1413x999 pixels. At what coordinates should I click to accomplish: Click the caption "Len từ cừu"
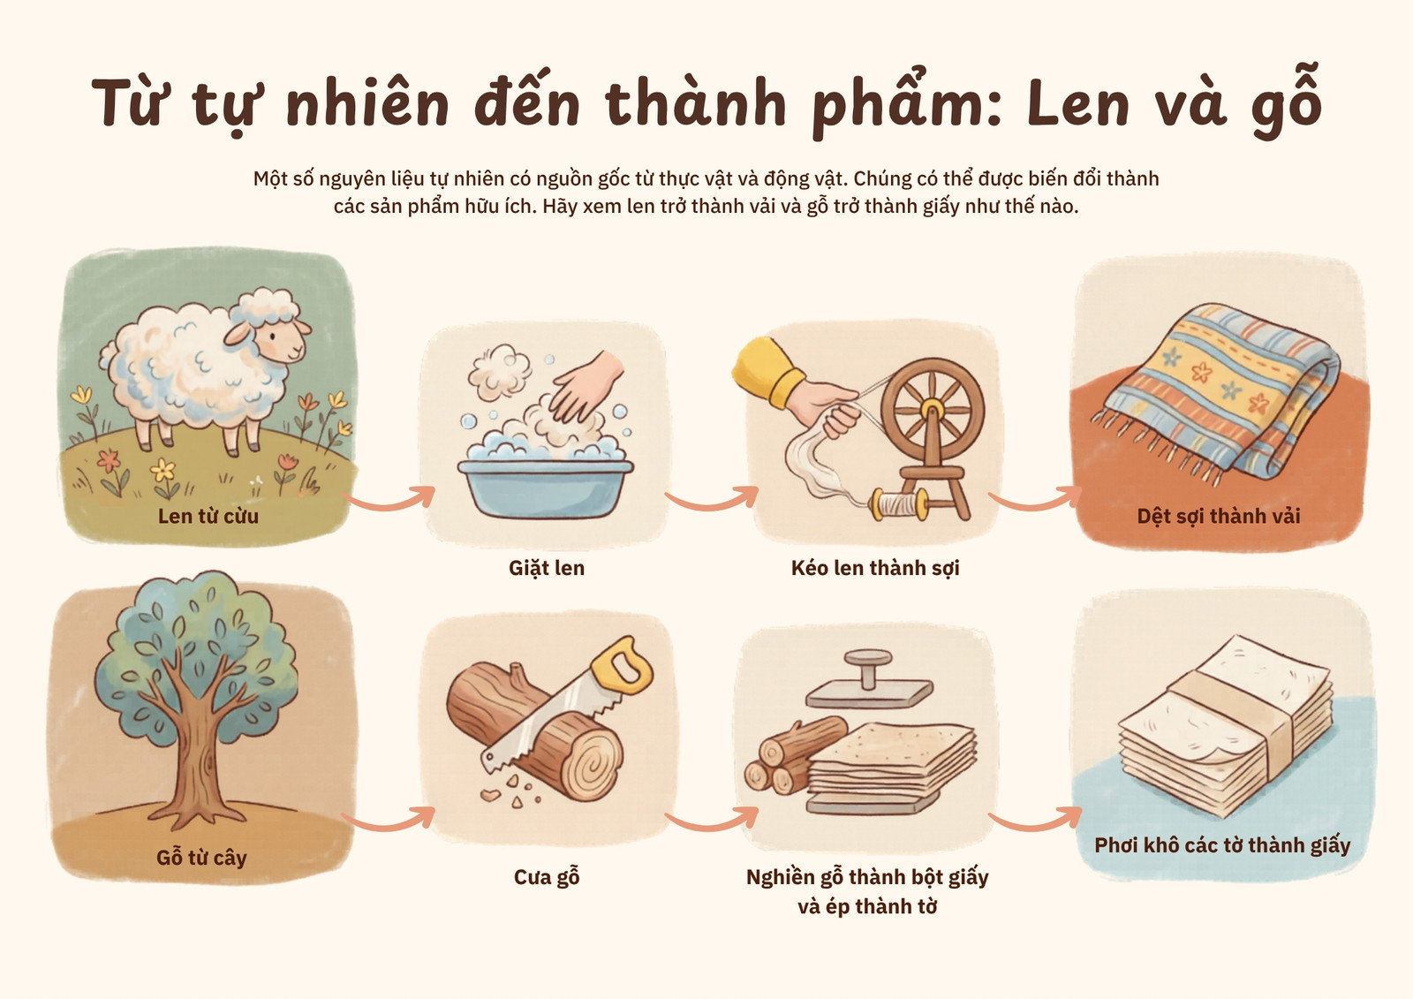pyautogui.click(x=208, y=516)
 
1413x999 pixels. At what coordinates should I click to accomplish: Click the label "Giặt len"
pyautogui.click(x=547, y=568)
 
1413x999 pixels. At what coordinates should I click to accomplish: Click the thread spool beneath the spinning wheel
pyautogui.click(x=900, y=504)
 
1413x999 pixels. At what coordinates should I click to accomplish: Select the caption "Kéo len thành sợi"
pyautogui.click(x=875, y=568)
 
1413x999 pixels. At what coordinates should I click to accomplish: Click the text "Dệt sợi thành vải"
pyautogui.click(x=1219, y=516)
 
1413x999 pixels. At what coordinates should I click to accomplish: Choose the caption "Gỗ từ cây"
pyautogui.click(x=201, y=859)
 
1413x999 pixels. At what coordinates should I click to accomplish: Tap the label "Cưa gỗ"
pyautogui.click(x=547, y=877)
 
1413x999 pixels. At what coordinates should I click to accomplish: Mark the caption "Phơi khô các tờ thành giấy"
pyautogui.click(x=1222, y=845)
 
